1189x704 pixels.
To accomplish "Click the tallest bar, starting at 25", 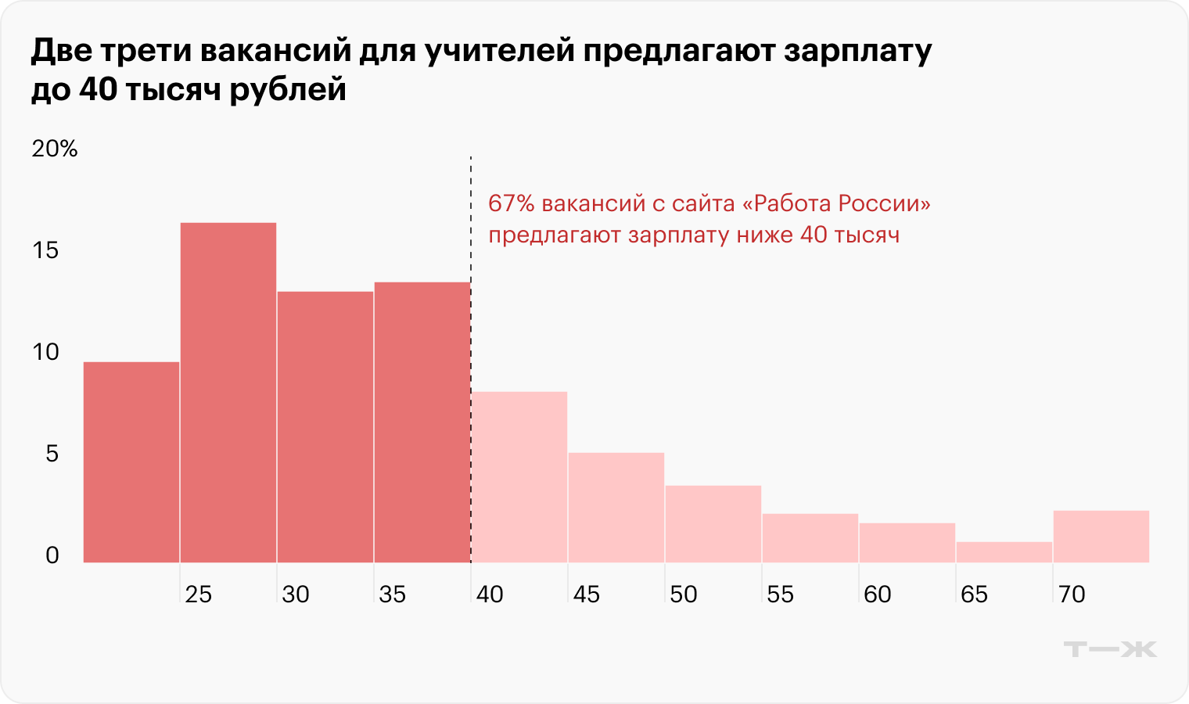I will tap(228, 391).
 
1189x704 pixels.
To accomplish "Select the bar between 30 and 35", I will tap(325, 426).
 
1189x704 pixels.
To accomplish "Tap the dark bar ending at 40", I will tap(422, 422).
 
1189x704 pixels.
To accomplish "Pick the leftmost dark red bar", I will tap(131, 462).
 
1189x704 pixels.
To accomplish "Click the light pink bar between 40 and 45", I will tap(519, 477).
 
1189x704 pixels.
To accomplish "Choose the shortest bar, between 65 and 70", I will tap(1004, 552).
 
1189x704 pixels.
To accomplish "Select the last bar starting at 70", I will tap(1101, 537).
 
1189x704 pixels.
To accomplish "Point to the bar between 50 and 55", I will tap(713, 524).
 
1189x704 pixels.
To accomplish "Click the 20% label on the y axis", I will tap(55, 149).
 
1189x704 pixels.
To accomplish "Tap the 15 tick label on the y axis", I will tap(46, 250).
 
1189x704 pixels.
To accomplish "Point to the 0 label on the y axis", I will tap(52, 555).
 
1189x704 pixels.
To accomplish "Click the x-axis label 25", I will tap(199, 594).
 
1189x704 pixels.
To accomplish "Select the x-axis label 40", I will tap(490, 594).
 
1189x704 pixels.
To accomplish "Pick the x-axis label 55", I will tap(781, 594).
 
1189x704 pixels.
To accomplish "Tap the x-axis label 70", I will tap(1072, 594).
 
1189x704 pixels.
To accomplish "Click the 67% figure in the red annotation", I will tap(512, 203).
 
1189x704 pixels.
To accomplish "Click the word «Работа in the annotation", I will tap(785, 203).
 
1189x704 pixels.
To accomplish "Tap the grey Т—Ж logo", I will tap(1110, 648).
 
